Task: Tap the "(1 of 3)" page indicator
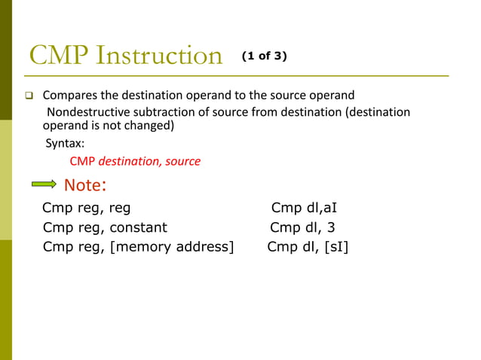tap(264, 56)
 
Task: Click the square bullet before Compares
tap(30, 96)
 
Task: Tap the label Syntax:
tap(65, 143)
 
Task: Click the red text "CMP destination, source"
tap(135, 160)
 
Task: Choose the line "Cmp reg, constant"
tap(105, 227)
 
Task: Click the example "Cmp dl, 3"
tap(302, 227)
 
